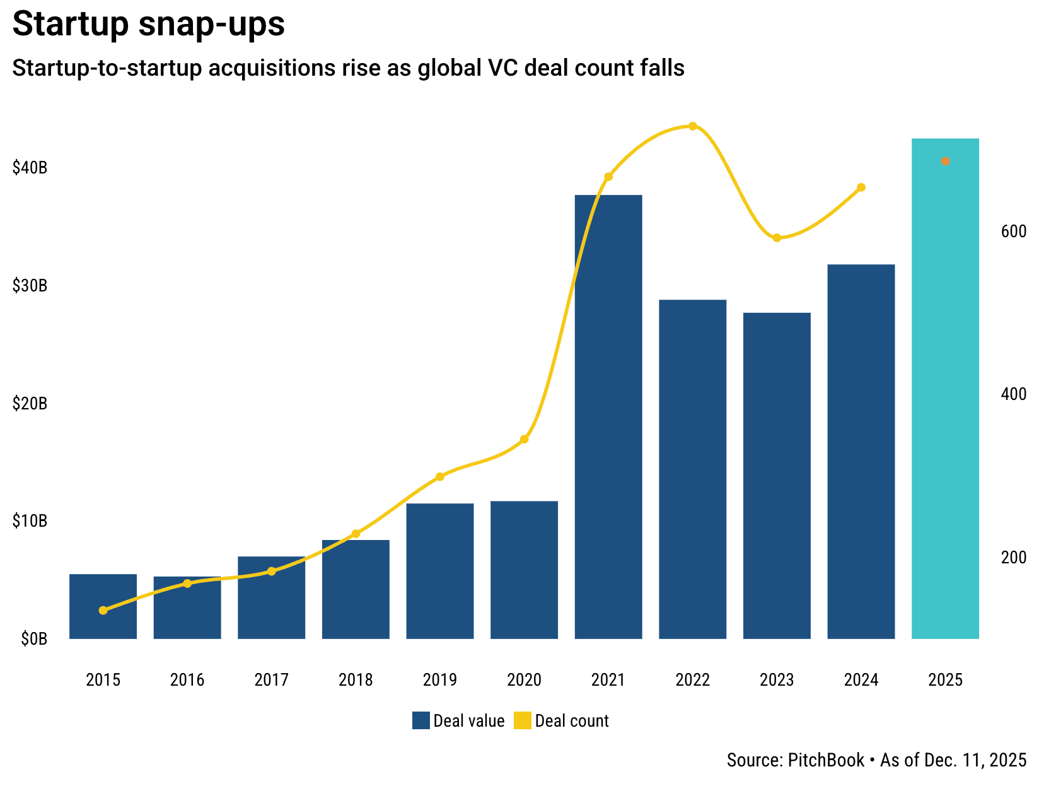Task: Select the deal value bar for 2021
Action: click(608, 416)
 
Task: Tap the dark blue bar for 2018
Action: click(356, 589)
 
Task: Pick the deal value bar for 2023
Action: click(777, 476)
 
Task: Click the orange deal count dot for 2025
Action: click(945, 161)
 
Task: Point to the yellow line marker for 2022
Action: click(692, 126)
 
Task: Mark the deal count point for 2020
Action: click(524, 439)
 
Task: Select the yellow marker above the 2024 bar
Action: click(861, 187)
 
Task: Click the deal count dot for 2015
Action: click(103, 610)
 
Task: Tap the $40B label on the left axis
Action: click(30, 168)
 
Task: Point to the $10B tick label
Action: click(30, 521)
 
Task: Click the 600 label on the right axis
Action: click(1014, 232)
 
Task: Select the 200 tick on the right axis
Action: click(1014, 558)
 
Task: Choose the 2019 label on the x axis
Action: click(440, 680)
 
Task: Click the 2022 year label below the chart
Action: click(692, 680)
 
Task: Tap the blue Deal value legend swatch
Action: click(420, 720)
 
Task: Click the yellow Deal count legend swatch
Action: click(523, 720)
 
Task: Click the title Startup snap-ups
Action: click(149, 24)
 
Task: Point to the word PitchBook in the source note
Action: click(826, 760)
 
